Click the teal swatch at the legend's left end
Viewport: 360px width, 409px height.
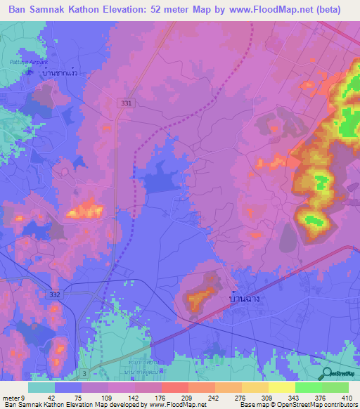point(41,387)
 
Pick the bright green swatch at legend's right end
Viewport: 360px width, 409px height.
point(335,387)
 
